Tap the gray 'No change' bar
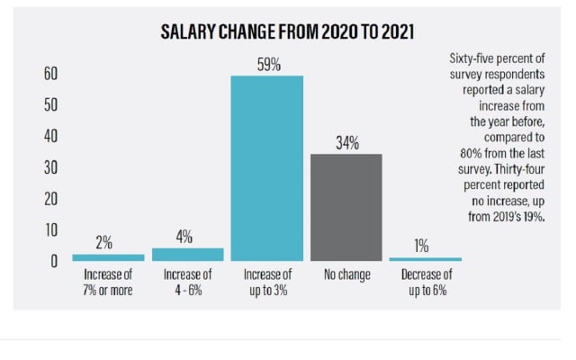pyautogui.click(x=346, y=207)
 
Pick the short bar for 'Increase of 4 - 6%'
pyautogui.click(x=187, y=255)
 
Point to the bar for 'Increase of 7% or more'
pyautogui.click(x=108, y=257)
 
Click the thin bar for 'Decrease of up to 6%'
pyautogui.click(x=425, y=259)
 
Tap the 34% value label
pyautogui.click(x=346, y=142)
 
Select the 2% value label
pyautogui.click(x=104, y=242)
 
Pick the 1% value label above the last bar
pyautogui.click(x=421, y=246)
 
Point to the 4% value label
pyautogui.click(x=184, y=237)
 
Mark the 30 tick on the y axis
pyautogui.click(x=50, y=167)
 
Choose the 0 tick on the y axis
pyautogui.click(x=54, y=261)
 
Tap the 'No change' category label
pyautogui.click(x=346, y=274)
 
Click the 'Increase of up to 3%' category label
pyautogui.click(x=267, y=282)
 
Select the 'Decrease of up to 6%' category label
pyautogui.click(x=425, y=282)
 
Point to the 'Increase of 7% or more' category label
pyautogui.click(x=108, y=282)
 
